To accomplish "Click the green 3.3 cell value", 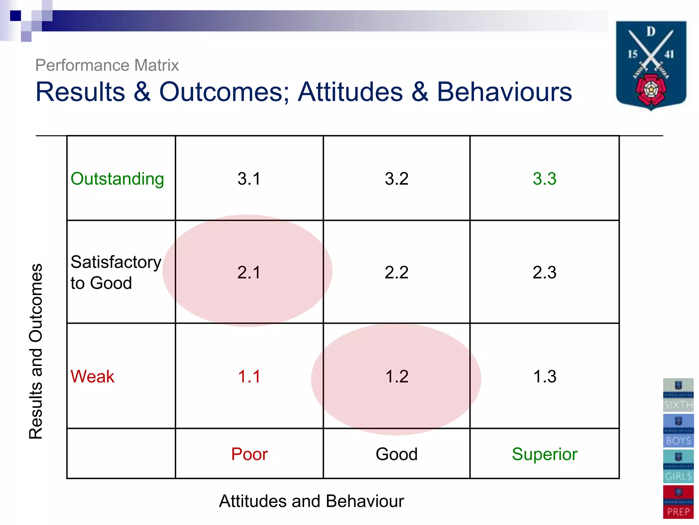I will [544, 179].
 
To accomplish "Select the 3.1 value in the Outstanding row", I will [249, 179].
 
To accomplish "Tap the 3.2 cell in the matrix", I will [397, 179].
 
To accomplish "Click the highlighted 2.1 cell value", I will [249, 272].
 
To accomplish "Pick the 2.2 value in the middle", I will [397, 272].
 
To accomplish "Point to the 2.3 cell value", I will [544, 272].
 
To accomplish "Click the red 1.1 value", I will [249, 377].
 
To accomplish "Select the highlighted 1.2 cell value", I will [397, 377].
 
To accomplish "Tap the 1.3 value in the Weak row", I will [544, 377].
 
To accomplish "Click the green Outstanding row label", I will [117, 179].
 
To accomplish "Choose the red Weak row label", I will [92, 377].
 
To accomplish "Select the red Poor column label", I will [249, 454].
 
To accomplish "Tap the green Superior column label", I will [544, 454].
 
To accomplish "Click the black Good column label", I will [397, 454].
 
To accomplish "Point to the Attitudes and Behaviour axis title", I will [311, 501].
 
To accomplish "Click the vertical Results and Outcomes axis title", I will [36, 351].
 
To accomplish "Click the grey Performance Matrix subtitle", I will [107, 65].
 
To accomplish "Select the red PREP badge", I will [678, 502].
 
